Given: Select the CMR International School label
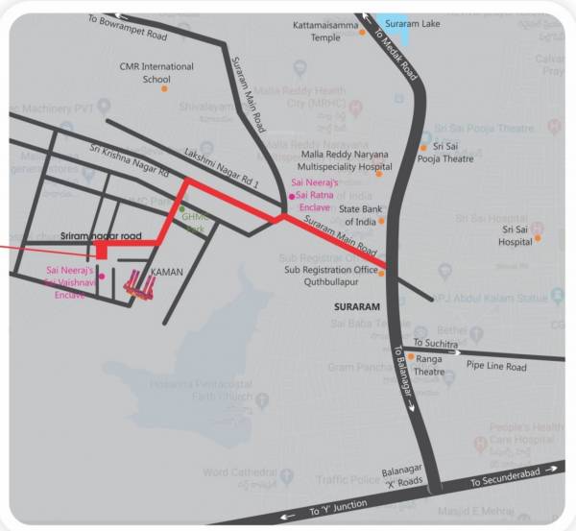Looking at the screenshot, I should pyautogui.click(x=156, y=73).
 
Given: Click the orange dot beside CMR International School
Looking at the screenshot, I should pyautogui.click(x=164, y=89).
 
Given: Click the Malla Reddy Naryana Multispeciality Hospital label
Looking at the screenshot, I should pyautogui.click(x=347, y=160).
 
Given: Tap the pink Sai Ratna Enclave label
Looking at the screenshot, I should pyautogui.click(x=316, y=194).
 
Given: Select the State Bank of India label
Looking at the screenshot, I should pyautogui.click(x=361, y=215).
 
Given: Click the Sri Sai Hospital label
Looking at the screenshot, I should pyautogui.click(x=516, y=236).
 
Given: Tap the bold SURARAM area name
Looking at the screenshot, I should pyautogui.click(x=357, y=306).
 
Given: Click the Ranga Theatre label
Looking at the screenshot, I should pyautogui.click(x=429, y=365).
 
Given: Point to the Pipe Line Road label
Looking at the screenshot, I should pyautogui.click(x=496, y=367).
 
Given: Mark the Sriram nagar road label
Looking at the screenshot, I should pyautogui.click(x=101, y=235).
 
